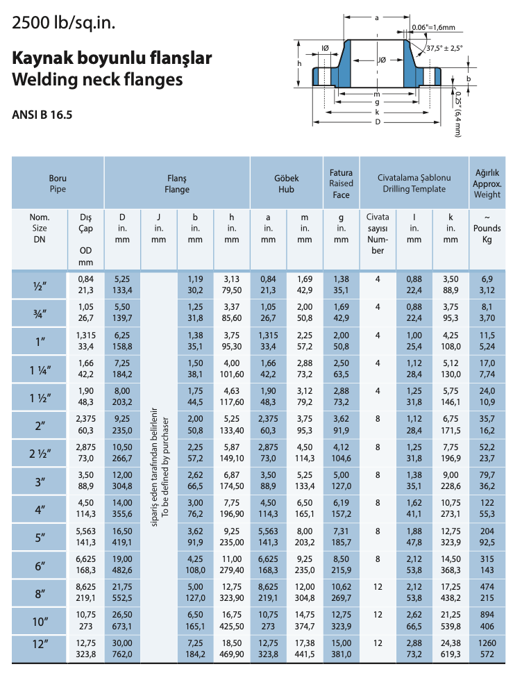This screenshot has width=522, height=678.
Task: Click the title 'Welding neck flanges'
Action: click(97, 80)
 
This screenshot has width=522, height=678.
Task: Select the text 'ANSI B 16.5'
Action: click(42, 113)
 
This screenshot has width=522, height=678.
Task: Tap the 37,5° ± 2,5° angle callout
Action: click(444, 48)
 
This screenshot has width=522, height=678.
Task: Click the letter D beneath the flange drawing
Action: click(377, 122)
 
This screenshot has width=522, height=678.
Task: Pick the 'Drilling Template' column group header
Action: click(414, 183)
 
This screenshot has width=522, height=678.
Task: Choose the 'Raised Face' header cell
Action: click(341, 183)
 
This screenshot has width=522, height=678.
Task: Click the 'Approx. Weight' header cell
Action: click(487, 183)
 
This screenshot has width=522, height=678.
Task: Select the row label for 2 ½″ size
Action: click(40, 453)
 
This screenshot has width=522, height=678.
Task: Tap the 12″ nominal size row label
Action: click(40, 647)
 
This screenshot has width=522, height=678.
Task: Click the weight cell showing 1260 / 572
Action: click(487, 647)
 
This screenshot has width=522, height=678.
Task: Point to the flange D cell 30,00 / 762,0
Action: click(122, 647)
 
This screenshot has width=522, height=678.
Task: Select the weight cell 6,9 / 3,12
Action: click(487, 284)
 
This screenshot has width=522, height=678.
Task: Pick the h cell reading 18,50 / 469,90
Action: click(231, 647)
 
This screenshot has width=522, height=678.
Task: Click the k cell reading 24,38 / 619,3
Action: click(451, 647)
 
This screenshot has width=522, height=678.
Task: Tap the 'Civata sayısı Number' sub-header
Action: click(378, 233)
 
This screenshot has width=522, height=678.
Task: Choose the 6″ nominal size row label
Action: click(40, 564)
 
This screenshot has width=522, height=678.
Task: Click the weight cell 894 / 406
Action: click(487, 620)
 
